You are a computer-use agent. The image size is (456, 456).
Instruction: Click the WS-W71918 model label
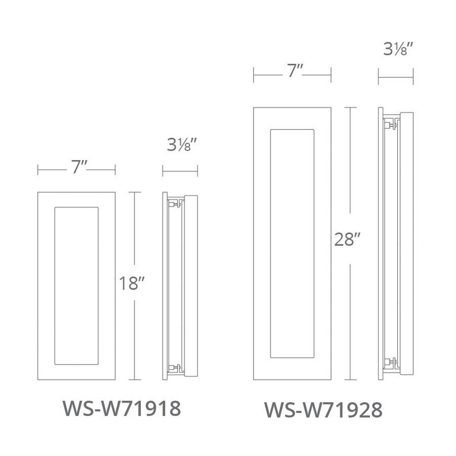coord(122,409)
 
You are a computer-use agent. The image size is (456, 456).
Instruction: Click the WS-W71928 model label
coord(323,410)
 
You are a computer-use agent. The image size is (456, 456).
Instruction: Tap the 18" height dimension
coord(132,283)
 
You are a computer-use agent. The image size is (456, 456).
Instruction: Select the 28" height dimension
coord(347,240)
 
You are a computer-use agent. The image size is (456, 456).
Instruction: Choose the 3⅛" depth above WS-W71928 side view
coord(398,49)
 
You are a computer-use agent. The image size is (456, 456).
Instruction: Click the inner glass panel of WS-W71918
coord(77,286)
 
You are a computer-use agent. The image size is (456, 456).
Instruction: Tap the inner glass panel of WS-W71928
coord(292,244)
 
